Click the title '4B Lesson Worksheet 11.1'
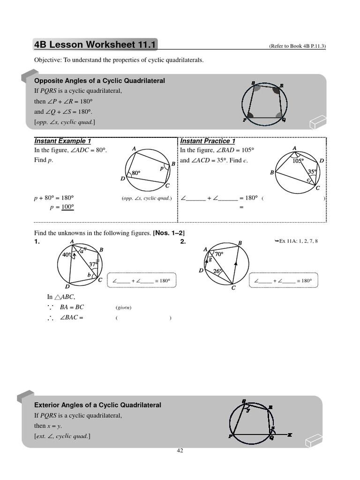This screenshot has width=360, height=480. (96, 45)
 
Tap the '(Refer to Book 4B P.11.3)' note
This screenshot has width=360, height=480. (297, 46)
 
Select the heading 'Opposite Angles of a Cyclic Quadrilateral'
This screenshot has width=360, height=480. (100, 81)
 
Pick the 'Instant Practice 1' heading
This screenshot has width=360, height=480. (208, 141)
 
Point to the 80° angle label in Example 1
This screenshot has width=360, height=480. (136, 173)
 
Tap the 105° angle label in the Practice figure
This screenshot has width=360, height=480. (298, 161)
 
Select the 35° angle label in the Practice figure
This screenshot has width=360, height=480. (312, 172)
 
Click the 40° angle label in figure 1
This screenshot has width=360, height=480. (67, 255)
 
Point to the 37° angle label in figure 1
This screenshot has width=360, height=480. (93, 264)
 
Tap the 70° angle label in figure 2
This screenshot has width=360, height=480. (219, 254)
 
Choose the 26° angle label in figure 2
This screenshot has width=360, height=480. (218, 271)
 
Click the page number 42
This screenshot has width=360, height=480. (180, 450)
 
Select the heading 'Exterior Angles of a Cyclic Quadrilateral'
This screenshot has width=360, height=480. (98, 405)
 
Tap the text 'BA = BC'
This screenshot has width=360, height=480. (71, 307)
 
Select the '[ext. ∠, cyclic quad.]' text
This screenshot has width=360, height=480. (62, 436)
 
